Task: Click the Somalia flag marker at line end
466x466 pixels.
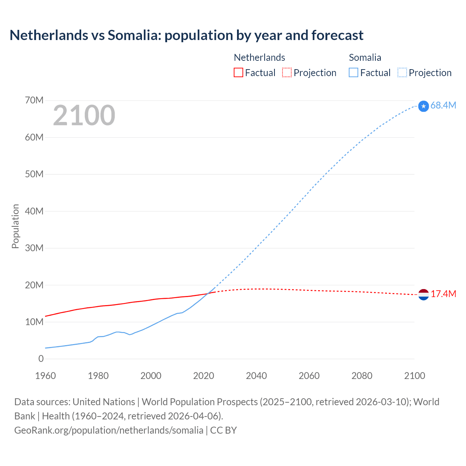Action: (x=423, y=106)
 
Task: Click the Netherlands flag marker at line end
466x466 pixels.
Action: (x=423, y=295)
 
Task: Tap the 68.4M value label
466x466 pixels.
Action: (x=443, y=105)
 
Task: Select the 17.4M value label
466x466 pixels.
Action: (x=443, y=294)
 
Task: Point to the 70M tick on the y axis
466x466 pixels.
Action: (x=34, y=100)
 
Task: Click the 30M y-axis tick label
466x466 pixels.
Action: (x=34, y=248)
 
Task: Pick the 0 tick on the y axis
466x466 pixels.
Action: (x=41, y=359)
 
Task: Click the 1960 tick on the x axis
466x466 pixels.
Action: (x=46, y=376)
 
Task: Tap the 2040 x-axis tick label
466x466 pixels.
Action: (x=256, y=376)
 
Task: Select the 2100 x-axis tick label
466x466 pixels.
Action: (x=414, y=376)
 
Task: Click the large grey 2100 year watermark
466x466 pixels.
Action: (x=84, y=115)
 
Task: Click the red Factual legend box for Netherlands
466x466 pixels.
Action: (x=238, y=73)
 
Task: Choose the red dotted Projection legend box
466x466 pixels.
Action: (x=287, y=73)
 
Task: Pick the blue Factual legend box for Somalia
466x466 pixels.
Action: (x=354, y=73)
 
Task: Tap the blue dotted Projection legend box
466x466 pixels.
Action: (x=402, y=73)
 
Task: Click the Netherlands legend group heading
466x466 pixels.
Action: (x=259, y=58)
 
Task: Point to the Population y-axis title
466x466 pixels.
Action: (x=15, y=226)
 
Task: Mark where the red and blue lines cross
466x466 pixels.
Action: (x=209, y=293)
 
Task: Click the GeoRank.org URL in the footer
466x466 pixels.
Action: (x=108, y=430)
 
